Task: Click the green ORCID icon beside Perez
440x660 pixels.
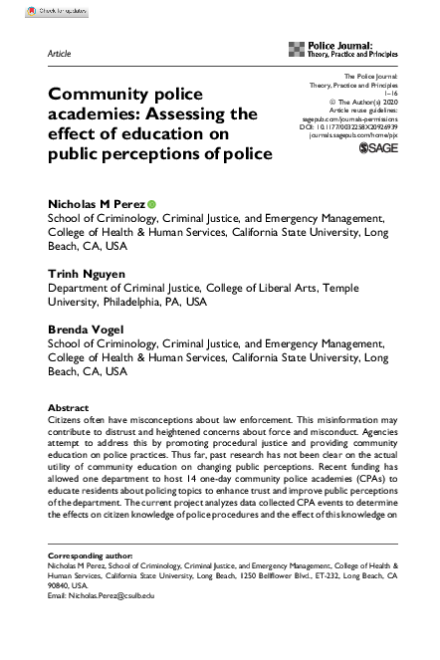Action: pos(151,204)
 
